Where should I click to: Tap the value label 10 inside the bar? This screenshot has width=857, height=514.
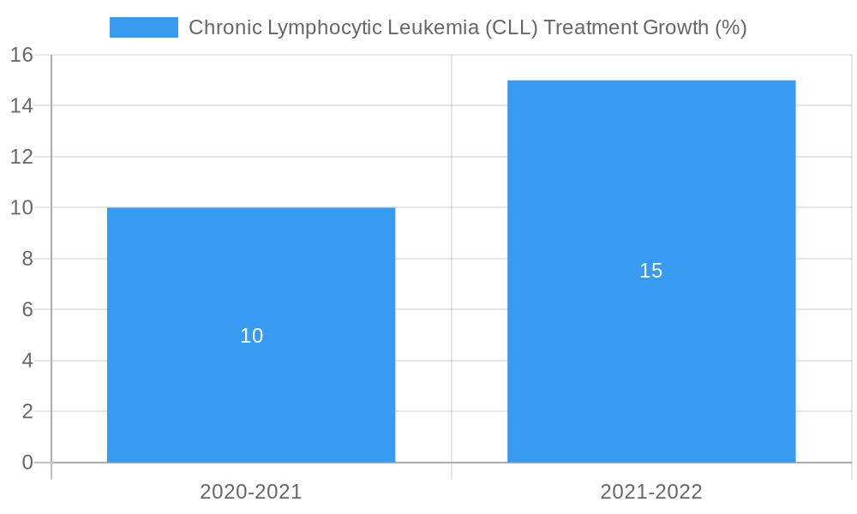click(251, 336)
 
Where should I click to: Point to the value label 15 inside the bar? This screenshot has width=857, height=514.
click(651, 271)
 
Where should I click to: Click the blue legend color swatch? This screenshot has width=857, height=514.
click(143, 27)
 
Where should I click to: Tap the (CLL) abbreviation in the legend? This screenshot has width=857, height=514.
click(512, 27)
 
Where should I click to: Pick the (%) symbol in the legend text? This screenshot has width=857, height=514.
click(731, 27)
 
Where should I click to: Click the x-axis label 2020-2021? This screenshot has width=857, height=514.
click(251, 492)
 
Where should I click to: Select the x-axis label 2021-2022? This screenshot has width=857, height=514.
click(651, 492)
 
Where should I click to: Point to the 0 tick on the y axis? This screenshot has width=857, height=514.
click(27, 463)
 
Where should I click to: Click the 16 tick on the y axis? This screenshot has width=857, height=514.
click(21, 55)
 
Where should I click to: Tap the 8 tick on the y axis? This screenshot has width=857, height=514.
click(27, 259)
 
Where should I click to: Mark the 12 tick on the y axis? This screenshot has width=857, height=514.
click(21, 157)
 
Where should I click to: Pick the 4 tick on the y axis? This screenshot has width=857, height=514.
click(27, 361)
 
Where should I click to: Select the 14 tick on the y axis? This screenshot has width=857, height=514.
click(21, 106)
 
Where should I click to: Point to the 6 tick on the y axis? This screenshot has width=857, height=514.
click(27, 309)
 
